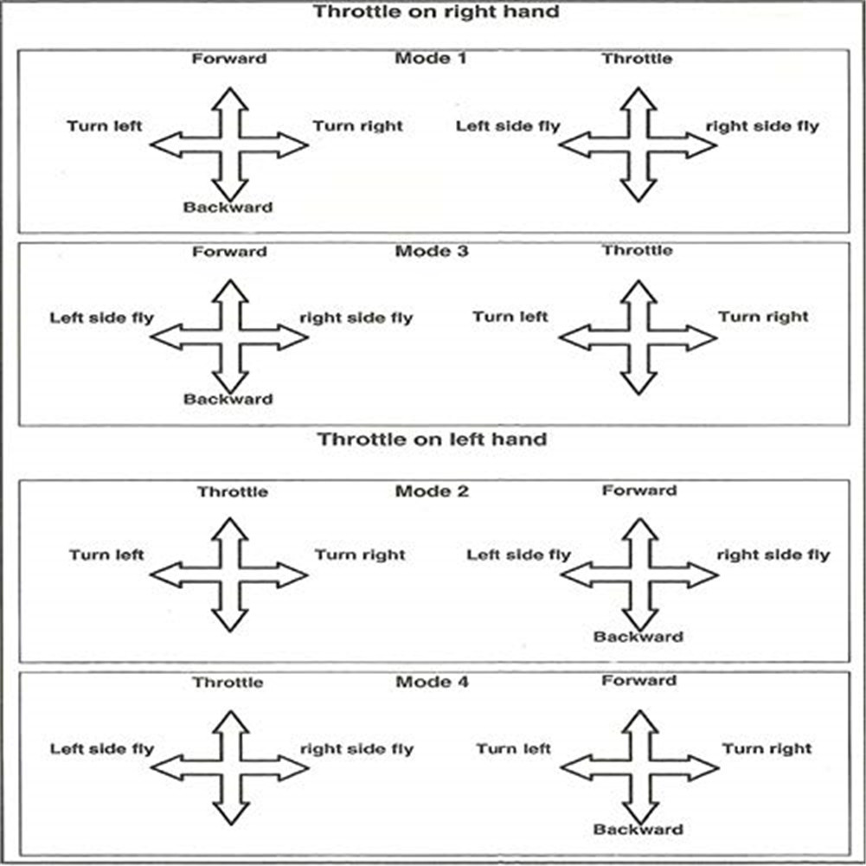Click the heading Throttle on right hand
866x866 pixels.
pyautogui.click(x=436, y=12)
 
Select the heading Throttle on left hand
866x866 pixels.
pyautogui.click(x=433, y=439)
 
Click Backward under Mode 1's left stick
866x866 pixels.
pyautogui.click(x=228, y=208)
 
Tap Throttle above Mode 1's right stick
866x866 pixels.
pyautogui.click(x=638, y=59)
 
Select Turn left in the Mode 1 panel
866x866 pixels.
pyautogui.click(x=105, y=126)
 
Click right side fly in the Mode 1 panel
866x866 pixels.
pyautogui.click(x=762, y=126)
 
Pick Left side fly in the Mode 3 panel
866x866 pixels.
pyautogui.click(x=101, y=318)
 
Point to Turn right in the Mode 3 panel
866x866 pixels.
pyautogui.click(x=763, y=317)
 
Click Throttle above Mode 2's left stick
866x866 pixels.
pyautogui.click(x=232, y=491)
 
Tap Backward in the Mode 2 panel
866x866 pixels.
pyautogui.click(x=638, y=637)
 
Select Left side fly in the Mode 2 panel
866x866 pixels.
pyautogui.click(x=518, y=555)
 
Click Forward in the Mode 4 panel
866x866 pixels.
pyautogui.click(x=638, y=681)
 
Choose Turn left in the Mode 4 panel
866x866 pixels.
pyautogui.click(x=513, y=748)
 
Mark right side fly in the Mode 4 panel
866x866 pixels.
pyautogui.click(x=356, y=748)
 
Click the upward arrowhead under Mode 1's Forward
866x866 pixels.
pyautogui.click(x=229, y=97)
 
